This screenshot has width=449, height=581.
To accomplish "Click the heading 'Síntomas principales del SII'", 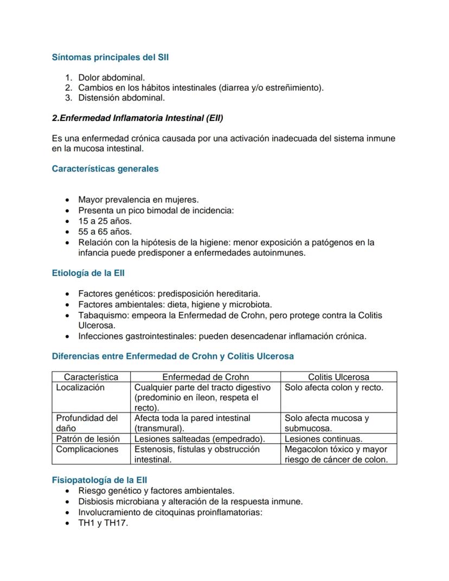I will (x=110, y=57).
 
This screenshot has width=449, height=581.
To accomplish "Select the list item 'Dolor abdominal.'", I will (x=111, y=78).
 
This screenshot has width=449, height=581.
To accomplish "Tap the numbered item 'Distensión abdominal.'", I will (x=121, y=98).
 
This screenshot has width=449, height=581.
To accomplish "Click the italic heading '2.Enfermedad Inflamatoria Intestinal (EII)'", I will (x=137, y=118).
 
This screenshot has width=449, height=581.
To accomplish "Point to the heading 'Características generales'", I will (x=105, y=169).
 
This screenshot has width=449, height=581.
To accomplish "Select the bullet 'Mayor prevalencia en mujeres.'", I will (x=138, y=200).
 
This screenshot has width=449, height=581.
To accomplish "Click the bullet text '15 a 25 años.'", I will (x=105, y=221).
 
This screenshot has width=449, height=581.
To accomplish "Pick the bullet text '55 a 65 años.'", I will (x=105, y=232).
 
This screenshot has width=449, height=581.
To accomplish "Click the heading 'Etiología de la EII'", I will (x=88, y=273).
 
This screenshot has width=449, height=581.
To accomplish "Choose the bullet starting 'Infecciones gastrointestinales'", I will (x=222, y=336).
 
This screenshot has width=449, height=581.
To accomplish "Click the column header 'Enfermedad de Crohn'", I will (x=206, y=377).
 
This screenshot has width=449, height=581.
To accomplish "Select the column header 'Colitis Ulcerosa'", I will (x=338, y=377).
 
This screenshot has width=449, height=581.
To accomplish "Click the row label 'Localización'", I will (x=80, y=388).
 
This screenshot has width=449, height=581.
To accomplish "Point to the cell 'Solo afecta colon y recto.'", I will (x=333, y=388).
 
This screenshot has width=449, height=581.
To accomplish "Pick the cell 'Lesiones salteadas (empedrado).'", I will (x=200, y=439).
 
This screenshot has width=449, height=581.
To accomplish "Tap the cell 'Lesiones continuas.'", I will (x=323, y=439).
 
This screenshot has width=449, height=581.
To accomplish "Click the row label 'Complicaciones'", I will (x=87, y=449).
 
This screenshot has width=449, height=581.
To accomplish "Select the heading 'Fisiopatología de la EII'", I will (x=99, y=480).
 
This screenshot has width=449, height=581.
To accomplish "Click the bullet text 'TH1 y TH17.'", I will (x=103, y=523).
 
